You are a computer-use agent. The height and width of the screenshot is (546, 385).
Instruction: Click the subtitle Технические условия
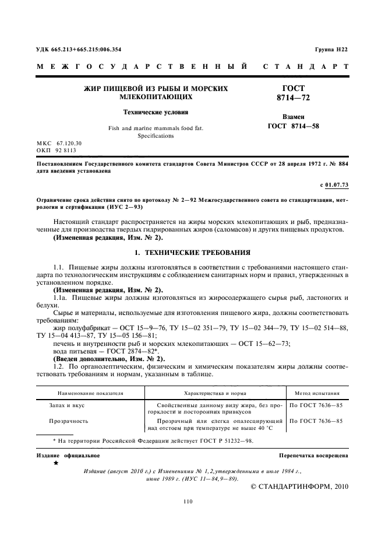(x=155, y=111)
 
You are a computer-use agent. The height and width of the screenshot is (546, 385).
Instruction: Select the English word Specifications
(x=156, y=135)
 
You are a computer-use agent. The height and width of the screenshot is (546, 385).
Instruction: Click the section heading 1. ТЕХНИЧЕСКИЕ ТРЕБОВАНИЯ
(x=192, y=253)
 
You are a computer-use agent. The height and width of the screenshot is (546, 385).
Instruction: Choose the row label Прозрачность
(x=69, y=420)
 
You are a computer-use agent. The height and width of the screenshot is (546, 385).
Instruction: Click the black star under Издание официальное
(x=56, y=463)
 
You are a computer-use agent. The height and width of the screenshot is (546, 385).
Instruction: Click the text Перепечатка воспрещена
(x=313, y=455)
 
